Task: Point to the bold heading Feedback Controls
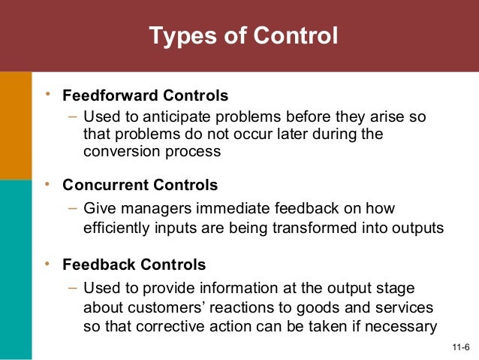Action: [x=134, y=265]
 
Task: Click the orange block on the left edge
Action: [x=16, y=125]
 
